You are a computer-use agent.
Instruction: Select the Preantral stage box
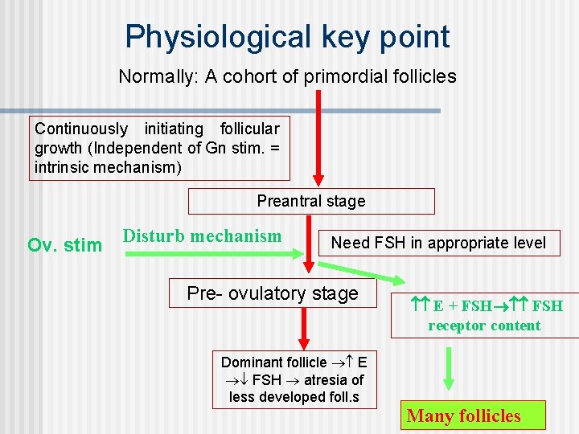point(311,201)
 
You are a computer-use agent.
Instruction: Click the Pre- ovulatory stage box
point(273,293)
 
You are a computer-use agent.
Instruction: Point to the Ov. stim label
point(64,245)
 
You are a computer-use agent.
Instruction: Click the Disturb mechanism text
point(202,236)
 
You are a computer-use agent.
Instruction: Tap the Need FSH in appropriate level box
point(438,243)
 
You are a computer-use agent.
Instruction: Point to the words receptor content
point(484,325)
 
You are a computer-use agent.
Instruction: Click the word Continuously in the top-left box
point(81,129)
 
